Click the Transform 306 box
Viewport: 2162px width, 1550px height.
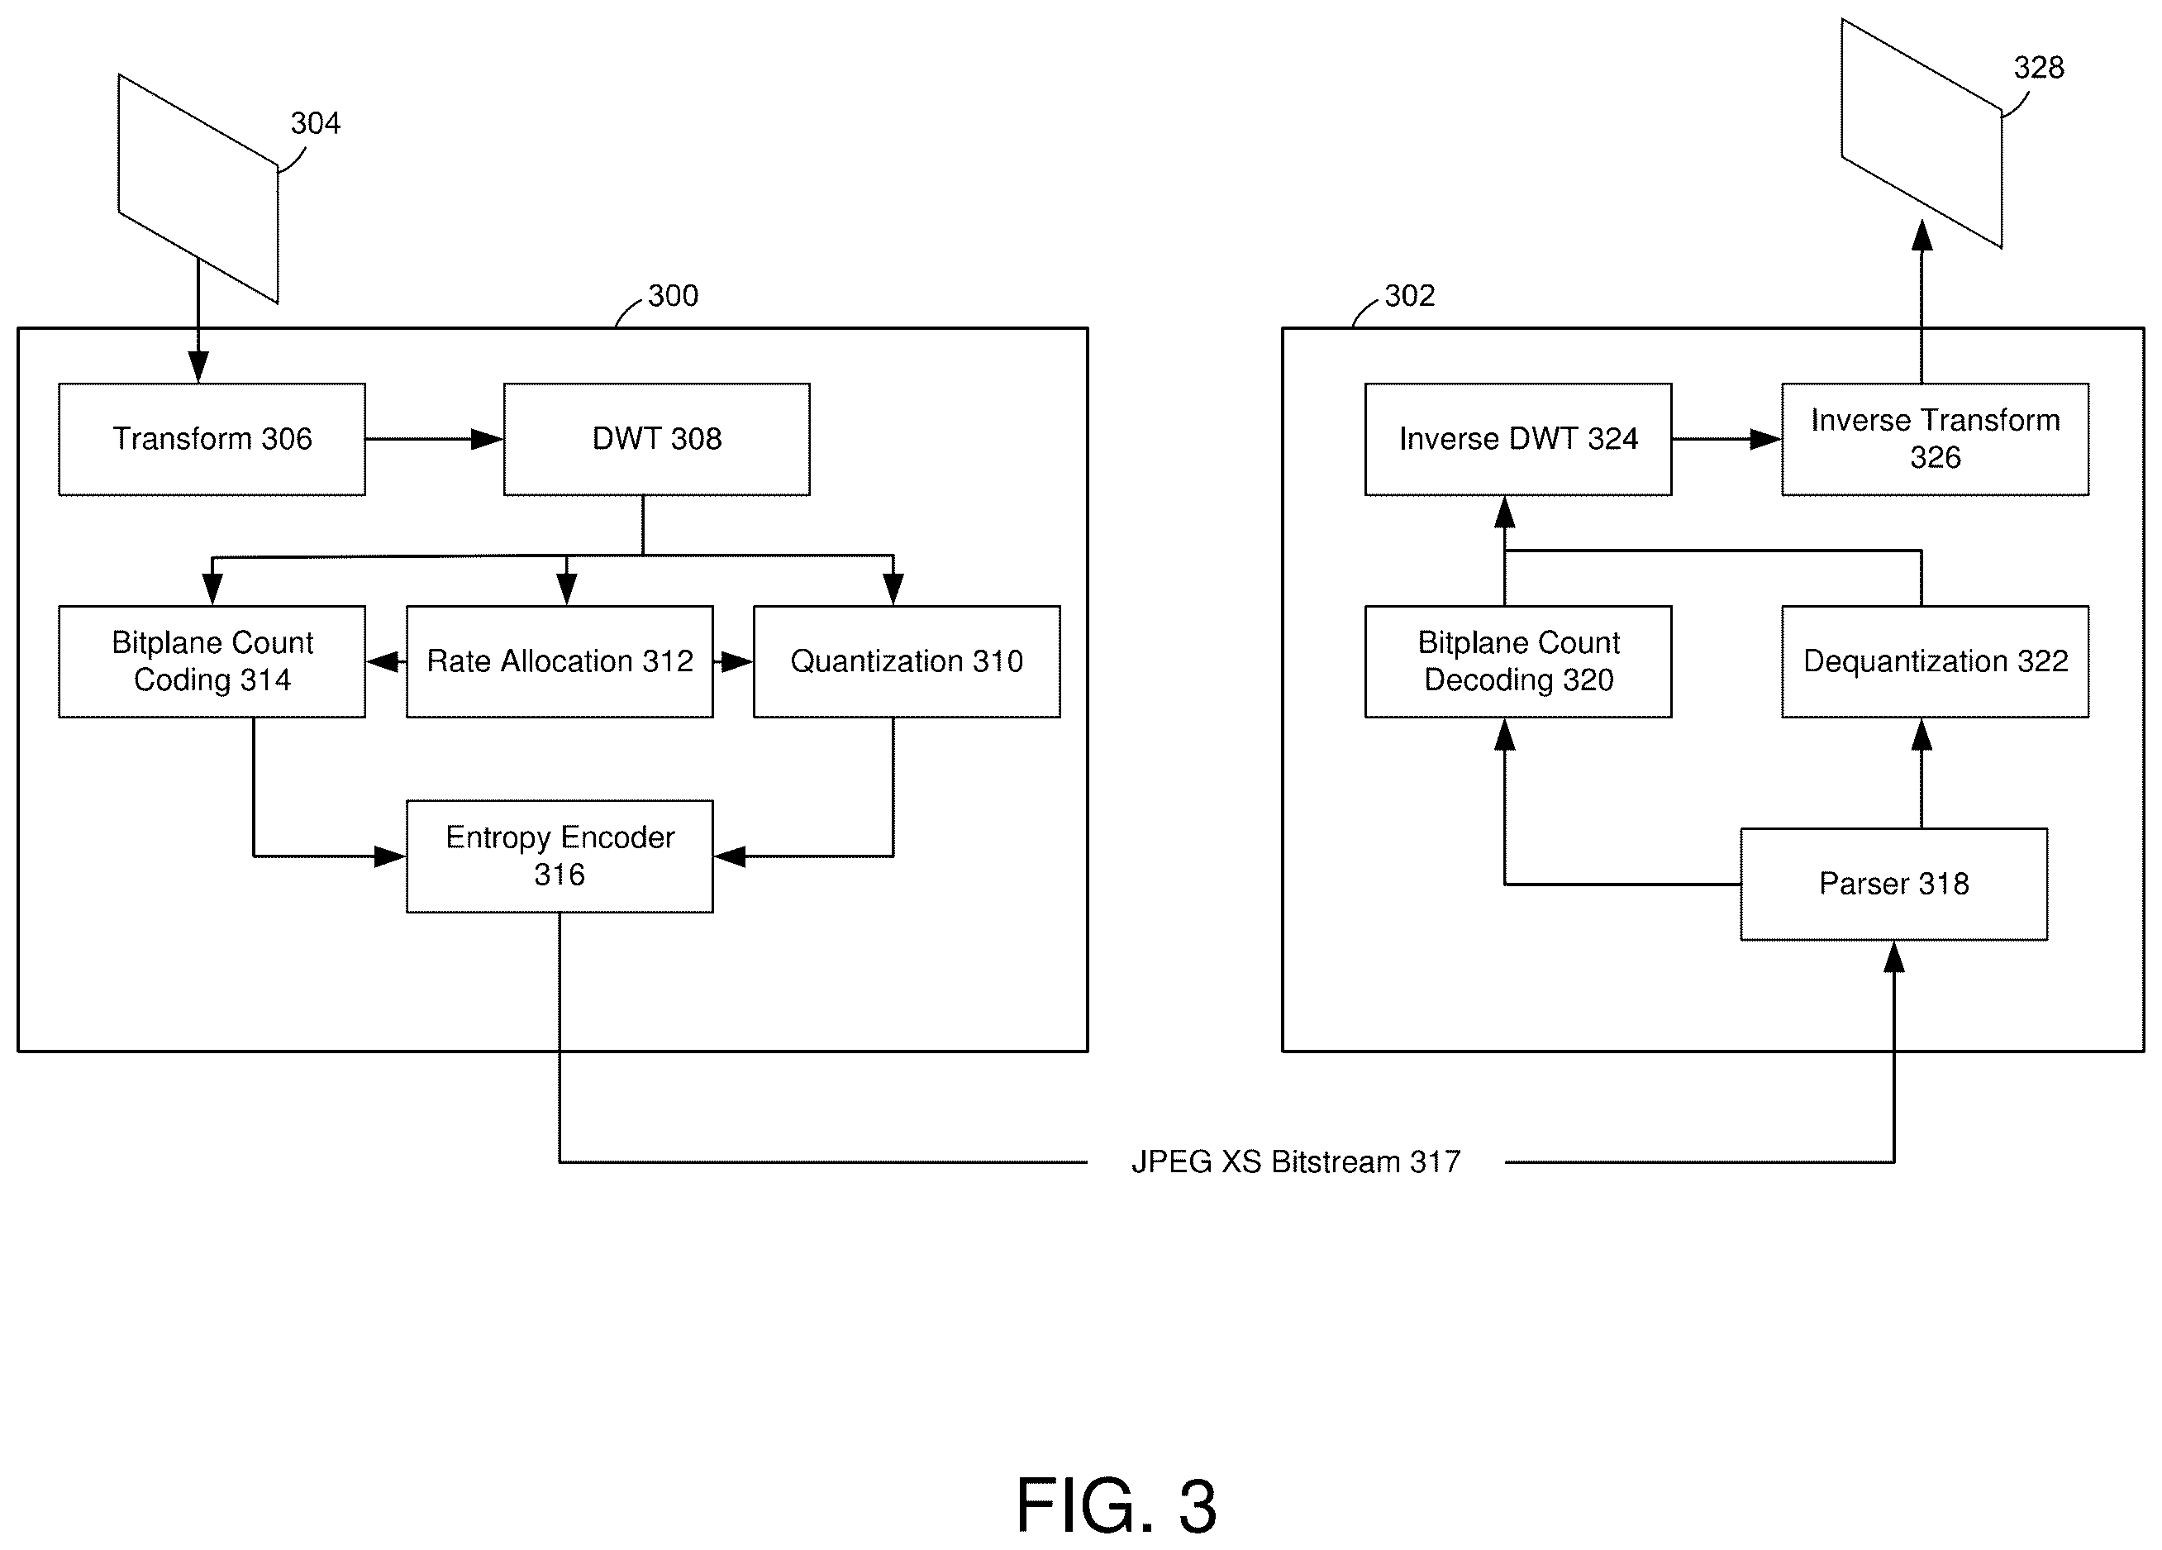coord(212,440)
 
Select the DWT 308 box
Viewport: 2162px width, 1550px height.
coord(657,440)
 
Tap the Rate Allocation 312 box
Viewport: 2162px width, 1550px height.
coord(560,661)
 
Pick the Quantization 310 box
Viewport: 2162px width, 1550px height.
coord(907,661)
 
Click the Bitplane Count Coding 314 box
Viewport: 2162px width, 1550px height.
coord(212,661)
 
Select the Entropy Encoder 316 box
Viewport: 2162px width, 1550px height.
coord(560,856)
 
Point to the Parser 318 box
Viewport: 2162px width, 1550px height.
coord(1894,885)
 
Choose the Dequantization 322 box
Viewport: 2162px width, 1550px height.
coord(1935,661)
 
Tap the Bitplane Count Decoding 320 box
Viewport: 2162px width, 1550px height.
coord(1518,661)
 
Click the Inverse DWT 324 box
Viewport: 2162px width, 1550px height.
coord(1518,440)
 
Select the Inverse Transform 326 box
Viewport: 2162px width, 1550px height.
coord(1935,440)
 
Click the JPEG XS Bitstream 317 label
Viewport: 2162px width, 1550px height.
coord(1296,1162)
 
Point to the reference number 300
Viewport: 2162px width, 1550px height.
coord(673,295)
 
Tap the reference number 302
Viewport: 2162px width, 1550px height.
coord(1410,295)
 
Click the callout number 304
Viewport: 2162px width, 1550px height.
coord(316,123)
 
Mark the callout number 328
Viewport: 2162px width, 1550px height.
coord(2039,68)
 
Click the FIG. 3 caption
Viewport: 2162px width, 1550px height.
coord(1117,1507)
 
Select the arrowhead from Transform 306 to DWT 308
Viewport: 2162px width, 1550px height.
coord(487,440)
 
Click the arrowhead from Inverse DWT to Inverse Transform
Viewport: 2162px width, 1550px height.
coord(1765,440)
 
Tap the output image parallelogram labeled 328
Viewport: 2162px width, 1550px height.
coord(1922,133)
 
